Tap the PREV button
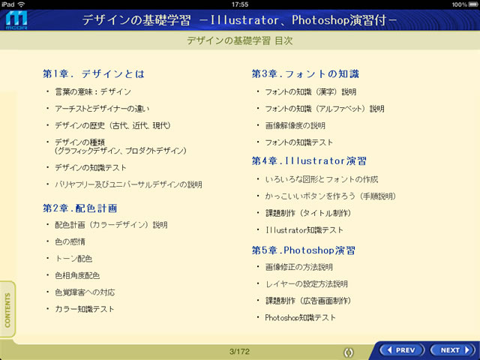pos(402,350)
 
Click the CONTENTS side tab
pos(7,310)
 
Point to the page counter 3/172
pos(239,352)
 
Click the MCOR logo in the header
pos(16,20)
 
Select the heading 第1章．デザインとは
pos(94,73)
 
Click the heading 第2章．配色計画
pos(80,208)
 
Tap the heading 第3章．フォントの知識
pos(305,73)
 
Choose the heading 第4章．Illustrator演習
pos(309,161)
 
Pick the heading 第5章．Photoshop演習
pos(303,250)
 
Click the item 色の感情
pos(70,241)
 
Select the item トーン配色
pos(73,259)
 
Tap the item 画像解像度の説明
pos(295,125)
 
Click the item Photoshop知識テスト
pos(300,317)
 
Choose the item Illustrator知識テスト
pos(304,230)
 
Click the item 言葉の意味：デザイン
pos(93,91)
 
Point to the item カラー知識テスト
pos(85,309)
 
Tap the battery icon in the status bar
pos(472,4)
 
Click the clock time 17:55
pos(240,4)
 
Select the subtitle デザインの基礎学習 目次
pos(240,40)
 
